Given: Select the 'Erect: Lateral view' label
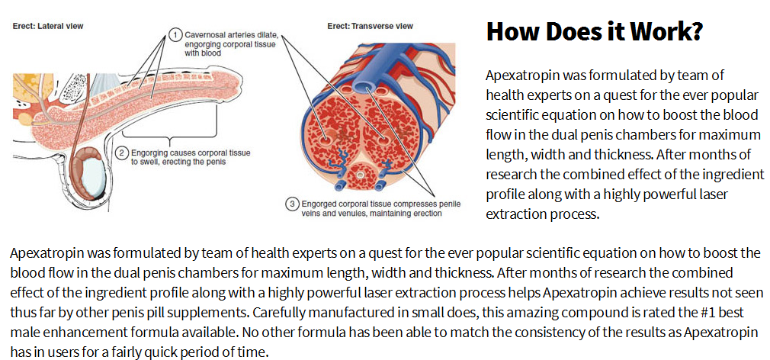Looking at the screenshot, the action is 48,27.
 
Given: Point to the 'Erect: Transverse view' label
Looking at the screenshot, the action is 371,26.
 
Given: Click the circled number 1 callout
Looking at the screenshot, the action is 174,35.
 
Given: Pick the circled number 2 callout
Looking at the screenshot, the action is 120,153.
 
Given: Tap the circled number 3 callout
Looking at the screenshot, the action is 292,204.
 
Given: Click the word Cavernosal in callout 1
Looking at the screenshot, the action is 202,36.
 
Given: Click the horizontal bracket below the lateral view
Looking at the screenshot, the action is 168,134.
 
